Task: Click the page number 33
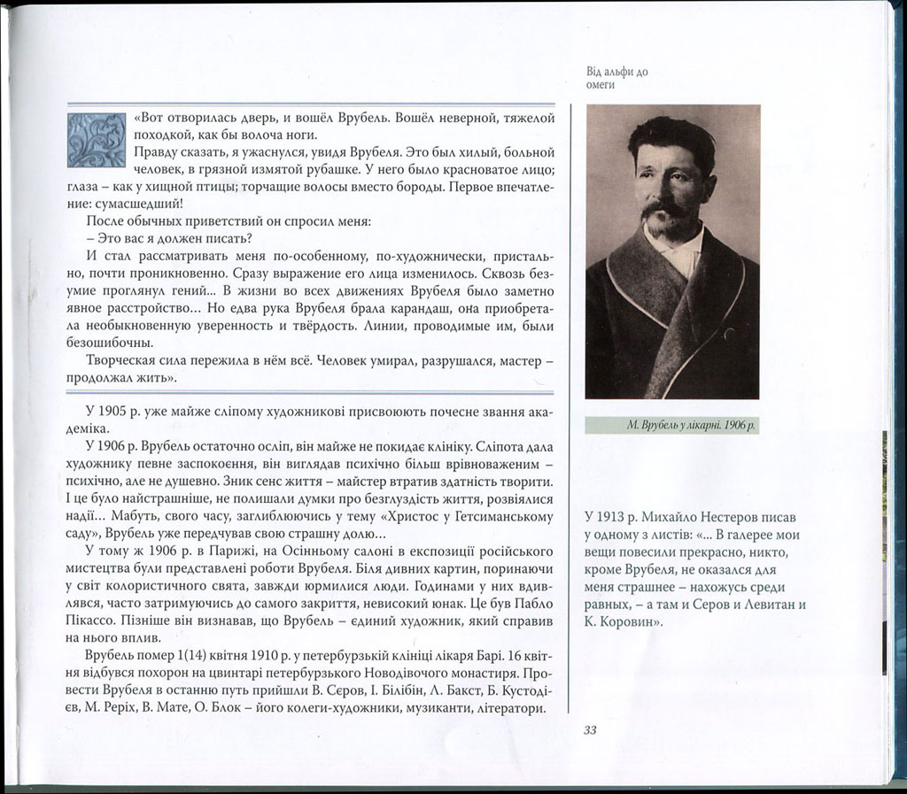click(591, 729)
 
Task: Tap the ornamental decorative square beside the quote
click(96, 141)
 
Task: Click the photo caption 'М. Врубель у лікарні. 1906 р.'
click(672, 425)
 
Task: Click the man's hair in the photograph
click(671, 135)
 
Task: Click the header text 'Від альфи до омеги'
click(616, 78)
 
